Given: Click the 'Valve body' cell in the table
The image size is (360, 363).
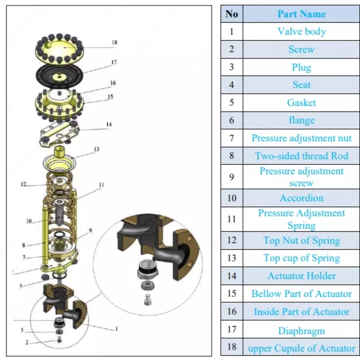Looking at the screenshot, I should pyautogui.click(x=301, y=32).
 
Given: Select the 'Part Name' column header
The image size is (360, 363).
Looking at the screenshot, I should pyautogui.click(x=301, y=14).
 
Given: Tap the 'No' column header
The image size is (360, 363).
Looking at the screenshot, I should pyautogui.click(x=232, y=14).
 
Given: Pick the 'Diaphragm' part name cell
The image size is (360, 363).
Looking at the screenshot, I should pyautogui.click(x=301, y=331).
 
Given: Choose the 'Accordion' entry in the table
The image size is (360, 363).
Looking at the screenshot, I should pyautogui.click(x=301, y=198).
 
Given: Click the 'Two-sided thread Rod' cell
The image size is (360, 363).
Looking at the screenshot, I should pyautogui.click(x=301, y=156).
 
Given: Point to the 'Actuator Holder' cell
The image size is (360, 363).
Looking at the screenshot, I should pyautogui.click(x=301, y=276).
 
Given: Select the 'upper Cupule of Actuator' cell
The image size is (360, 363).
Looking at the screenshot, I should pyautogui.click(x=301, y=348).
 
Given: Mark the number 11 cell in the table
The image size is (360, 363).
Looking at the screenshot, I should pyautogui.click(x=232, y=219).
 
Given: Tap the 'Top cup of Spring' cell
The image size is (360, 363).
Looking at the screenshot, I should pyautogui.click(x=301, y=258).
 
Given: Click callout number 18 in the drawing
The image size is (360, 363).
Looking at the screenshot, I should pyautogui.click(x=114, y=43).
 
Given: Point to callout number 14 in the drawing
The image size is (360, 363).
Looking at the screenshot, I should pyautogui.click(x=109, y=124).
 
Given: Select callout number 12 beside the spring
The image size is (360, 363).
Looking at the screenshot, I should pyautogui.click(x=24, y=185).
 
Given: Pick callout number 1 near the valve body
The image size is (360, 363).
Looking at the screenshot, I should pyautogui.click(x=116, y=329).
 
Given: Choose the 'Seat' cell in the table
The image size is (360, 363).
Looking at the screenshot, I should pyautogui.click(x=301, y=85).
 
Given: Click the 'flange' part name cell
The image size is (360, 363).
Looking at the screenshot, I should pyautogui.click(x=301, y=120).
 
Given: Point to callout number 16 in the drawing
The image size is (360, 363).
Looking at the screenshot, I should pyautogui.click(x=113, y=83).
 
